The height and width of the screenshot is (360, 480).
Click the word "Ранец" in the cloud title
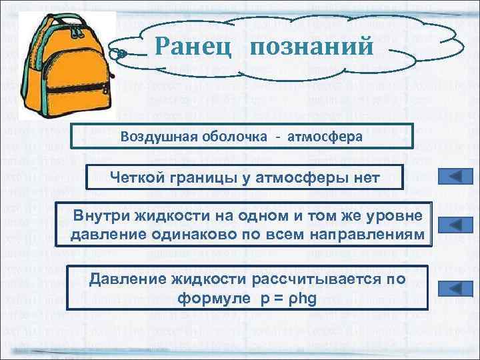pyautogui.click(x=193, y=46)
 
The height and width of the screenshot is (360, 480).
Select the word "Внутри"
pyautogui.click(x=99, y=217)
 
